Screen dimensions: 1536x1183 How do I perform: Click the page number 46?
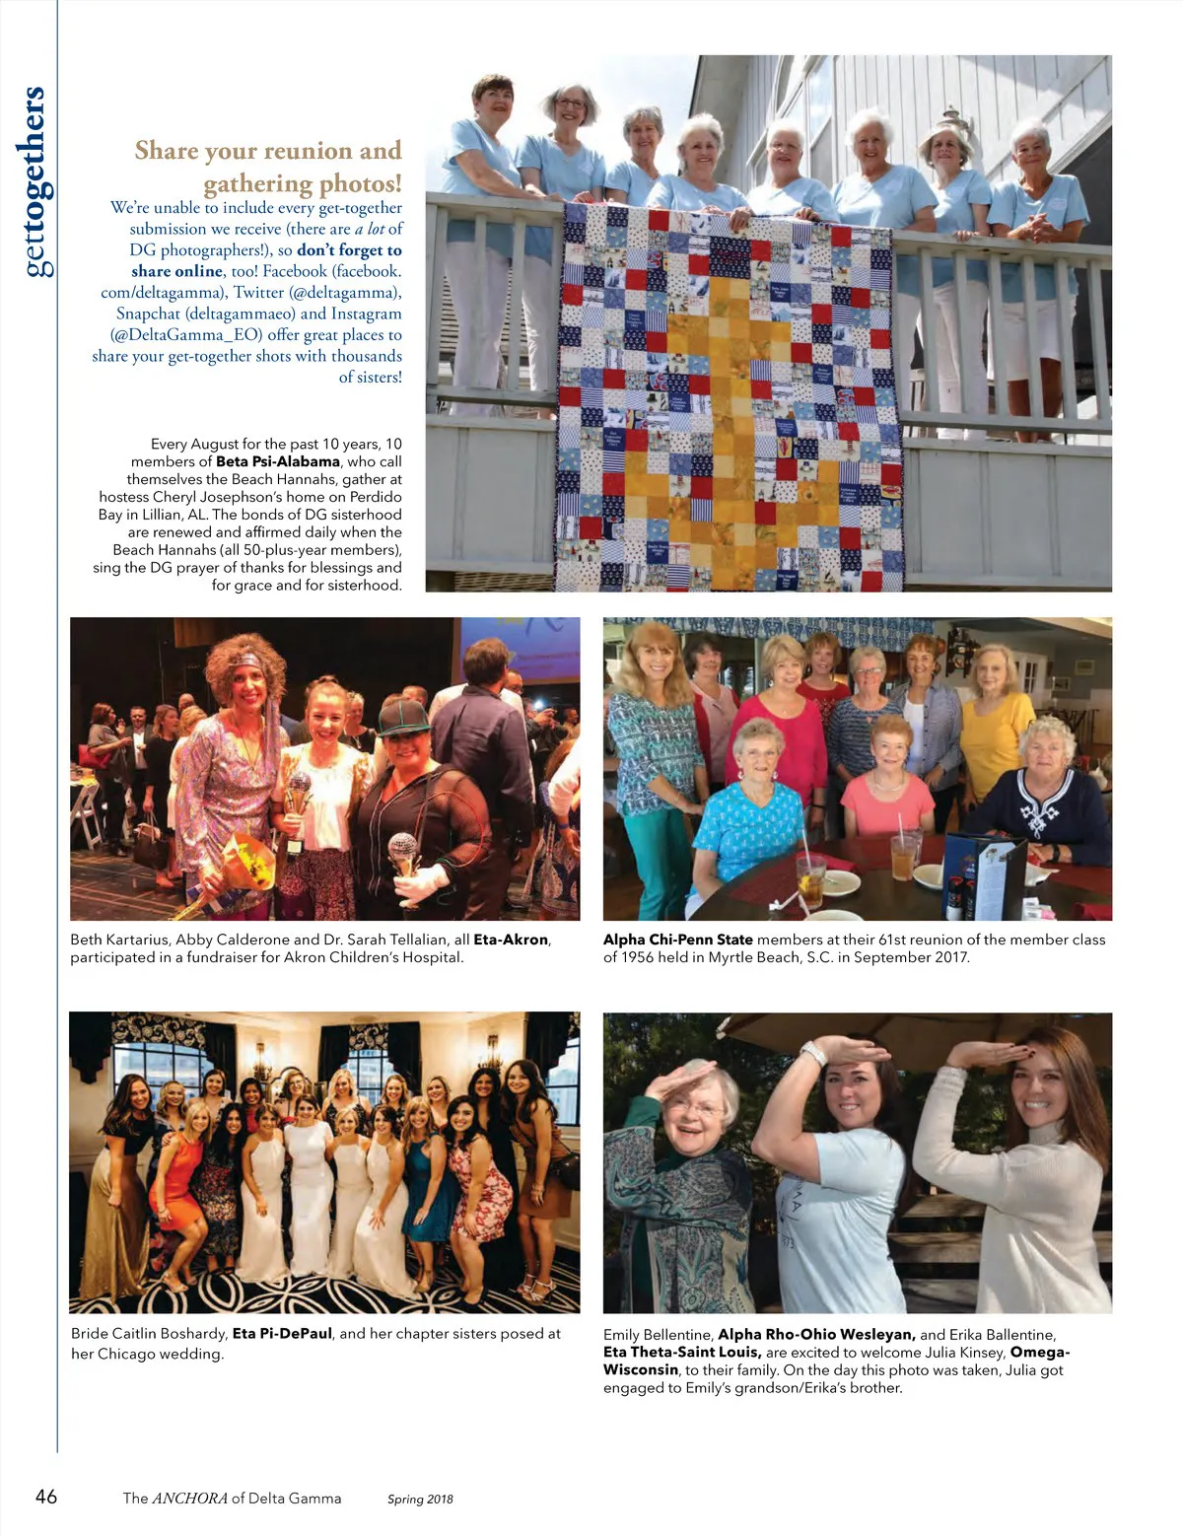[46, 1497]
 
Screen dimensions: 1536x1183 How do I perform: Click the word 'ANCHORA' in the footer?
[190, 1499]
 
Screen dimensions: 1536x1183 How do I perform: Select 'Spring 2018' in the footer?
[420, 1500]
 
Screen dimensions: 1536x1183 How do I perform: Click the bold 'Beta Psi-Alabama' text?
[278, 461]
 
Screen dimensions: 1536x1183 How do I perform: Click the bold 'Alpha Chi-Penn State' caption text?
[678, 940]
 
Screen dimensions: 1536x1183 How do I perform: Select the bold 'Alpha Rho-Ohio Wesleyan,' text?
[816, 1335]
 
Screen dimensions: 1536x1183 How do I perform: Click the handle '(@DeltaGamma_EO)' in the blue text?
[186, 334]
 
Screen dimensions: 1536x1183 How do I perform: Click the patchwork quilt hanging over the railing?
[730, 394]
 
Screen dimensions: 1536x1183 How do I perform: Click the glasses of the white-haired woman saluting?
[696, 1108]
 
